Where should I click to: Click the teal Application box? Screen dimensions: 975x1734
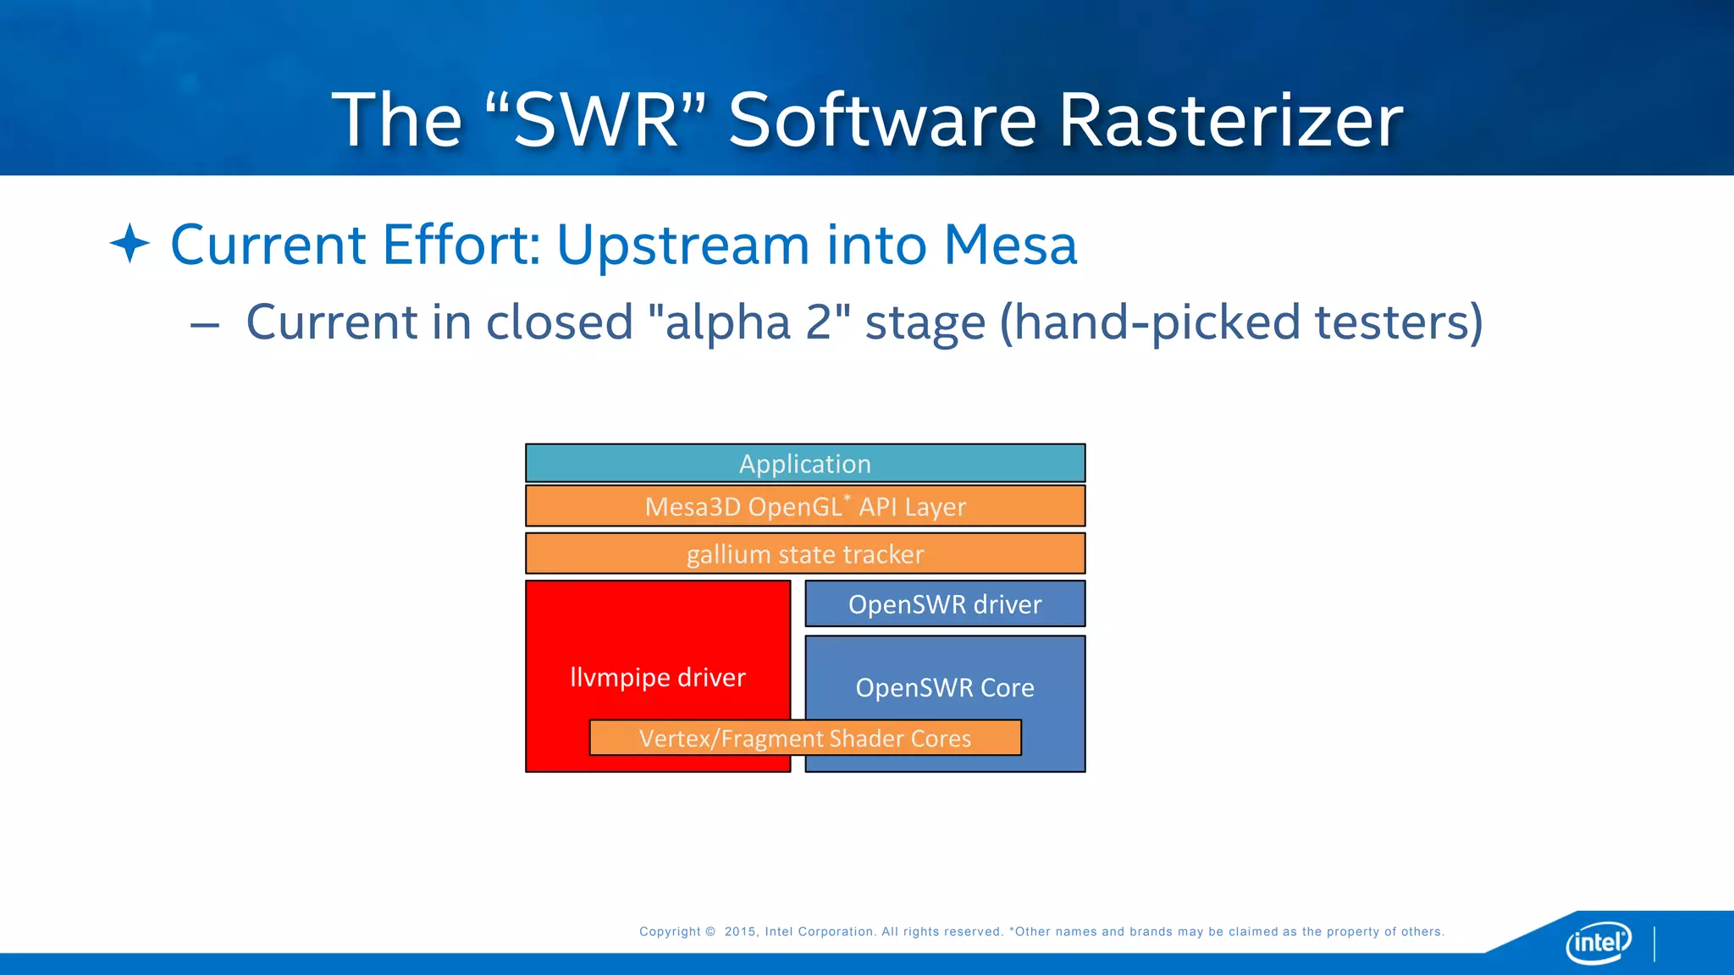[804, 464]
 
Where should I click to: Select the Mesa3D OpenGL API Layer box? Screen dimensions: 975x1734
[804, 507]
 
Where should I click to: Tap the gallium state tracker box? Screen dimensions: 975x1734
[804, 554]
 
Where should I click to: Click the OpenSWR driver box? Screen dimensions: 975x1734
[945, 604]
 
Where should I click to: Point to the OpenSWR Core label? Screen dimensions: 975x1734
[945, 687]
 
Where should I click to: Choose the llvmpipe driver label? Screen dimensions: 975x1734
[658, 677]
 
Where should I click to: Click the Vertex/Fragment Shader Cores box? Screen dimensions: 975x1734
[804, 738]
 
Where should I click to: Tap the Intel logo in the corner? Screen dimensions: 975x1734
[1598, 941]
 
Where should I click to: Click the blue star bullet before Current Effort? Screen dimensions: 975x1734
[130, 244]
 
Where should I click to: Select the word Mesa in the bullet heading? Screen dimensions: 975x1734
[1009, 245]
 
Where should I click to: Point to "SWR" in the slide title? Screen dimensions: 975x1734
[596, 120]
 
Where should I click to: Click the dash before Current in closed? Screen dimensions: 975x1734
[205, 324]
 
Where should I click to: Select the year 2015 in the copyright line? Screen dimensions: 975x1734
[741, 932]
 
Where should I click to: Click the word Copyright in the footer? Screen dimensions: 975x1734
[670, 932]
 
